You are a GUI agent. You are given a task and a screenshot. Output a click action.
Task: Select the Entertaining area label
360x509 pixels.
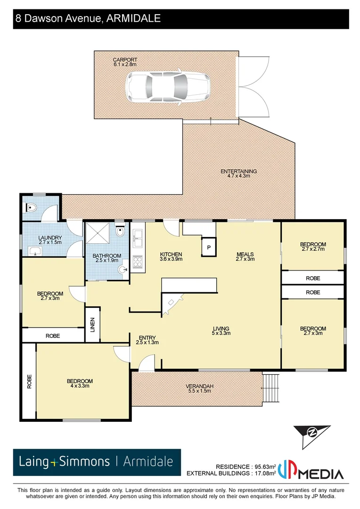tap(238, 173)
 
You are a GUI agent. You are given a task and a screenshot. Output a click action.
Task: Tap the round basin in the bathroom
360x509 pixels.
tap(123, 270)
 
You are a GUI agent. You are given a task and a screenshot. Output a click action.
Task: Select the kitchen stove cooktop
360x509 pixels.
tap(138, 263)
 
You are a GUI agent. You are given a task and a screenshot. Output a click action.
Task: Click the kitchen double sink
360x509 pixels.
tap(138, 238)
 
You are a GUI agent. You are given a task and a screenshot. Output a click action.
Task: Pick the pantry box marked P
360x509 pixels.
tap(208, 247)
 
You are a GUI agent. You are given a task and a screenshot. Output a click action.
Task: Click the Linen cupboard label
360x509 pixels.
tap(92, 324)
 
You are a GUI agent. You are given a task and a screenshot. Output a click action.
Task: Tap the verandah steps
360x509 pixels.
tap(271, 388)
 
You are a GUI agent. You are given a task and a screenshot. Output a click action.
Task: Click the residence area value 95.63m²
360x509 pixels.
tap(263, 466)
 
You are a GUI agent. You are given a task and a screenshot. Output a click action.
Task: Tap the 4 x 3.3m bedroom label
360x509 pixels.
tap(80, 383)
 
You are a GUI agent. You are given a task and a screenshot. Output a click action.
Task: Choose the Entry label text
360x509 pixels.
tap(147, 340)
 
